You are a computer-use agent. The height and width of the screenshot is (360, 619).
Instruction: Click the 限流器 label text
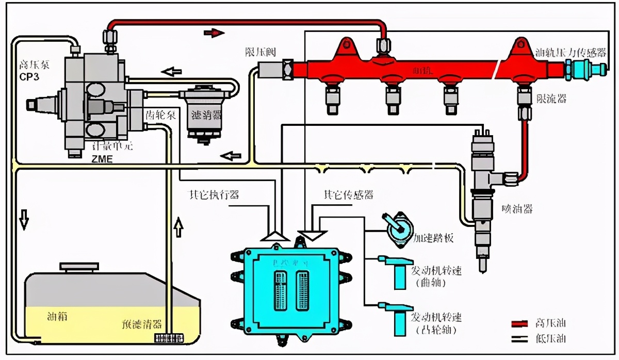(551, 98)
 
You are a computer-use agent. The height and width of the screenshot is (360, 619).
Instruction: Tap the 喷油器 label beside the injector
(517, 209)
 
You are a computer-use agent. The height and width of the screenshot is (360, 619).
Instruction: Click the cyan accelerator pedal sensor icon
(397, 231)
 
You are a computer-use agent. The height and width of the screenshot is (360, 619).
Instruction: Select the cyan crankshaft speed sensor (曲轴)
(396, 271)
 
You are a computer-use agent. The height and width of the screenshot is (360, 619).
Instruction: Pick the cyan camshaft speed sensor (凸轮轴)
(396, 317)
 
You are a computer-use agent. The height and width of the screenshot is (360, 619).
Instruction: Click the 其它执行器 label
(214, 195)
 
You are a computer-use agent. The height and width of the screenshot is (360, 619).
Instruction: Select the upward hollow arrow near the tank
(178, 226)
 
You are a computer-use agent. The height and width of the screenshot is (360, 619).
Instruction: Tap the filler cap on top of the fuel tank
(78, 267)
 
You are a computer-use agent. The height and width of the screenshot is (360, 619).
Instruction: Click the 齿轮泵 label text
(160, 114)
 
